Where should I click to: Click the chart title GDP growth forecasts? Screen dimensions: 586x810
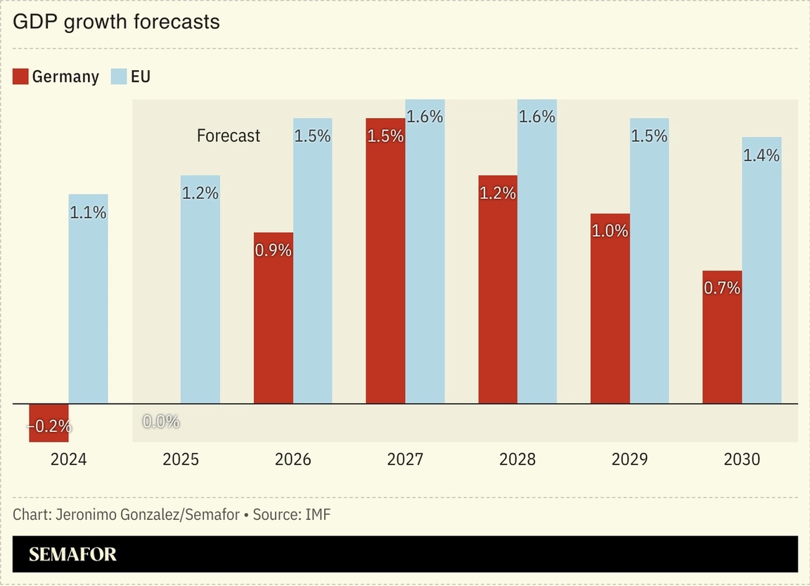pyautogui.click(x=116, y=22)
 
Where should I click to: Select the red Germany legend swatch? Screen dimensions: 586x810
pyautogui.click(x=20, y=77)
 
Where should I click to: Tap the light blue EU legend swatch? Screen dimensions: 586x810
pyautogui.click(x=119, y=77)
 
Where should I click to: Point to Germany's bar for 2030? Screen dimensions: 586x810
pyautogui.click(x=722, y=337)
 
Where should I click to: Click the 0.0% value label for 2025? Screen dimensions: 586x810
pyautogui.click(x=161, y=422)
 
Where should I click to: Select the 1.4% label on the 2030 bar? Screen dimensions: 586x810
pyautogui.click(x=761, y=155)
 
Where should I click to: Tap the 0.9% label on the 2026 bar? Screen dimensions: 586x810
pyautogui.click(x=274, y=249)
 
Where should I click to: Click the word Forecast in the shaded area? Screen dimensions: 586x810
pyautogui.click(x=229, y=136)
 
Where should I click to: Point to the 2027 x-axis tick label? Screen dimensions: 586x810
pyautogui.click(x=405, y=460)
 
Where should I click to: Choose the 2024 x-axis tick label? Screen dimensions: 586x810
pyautogui.click(x=69, y=460)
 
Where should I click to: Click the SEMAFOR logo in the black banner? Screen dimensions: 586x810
pyautogui.click(x=73, y=554)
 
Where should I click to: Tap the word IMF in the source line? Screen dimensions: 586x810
pyautogui.click(x=318, y=514)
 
